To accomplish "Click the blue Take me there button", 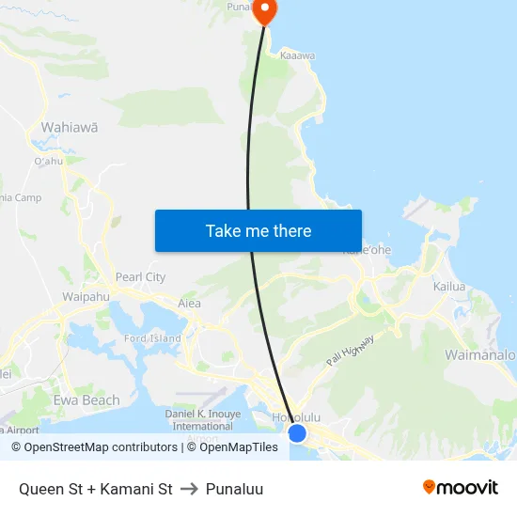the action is coord(258,230).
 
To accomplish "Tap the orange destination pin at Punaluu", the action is coord(264,11).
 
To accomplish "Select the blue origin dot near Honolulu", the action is coord(297,433).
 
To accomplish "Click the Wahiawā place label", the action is coord(70,127).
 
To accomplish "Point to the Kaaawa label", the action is coord(297,56).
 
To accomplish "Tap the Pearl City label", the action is coord(140,277).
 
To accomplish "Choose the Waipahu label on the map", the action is coord(86,297).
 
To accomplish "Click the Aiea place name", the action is coord(189,304).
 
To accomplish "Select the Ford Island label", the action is coord(152,338).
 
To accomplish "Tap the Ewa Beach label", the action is coord(87,400).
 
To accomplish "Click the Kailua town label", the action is coord(449,286).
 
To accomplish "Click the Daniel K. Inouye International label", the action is coord(203,419).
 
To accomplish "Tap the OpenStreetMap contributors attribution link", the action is coord(94,447).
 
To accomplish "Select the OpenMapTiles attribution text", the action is coord(232,447).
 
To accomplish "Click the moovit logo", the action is coord(461,488).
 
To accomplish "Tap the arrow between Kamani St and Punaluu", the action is coord(189,490).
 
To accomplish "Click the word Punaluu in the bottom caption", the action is coord(234,490).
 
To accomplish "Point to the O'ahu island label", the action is coord(47,161).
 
